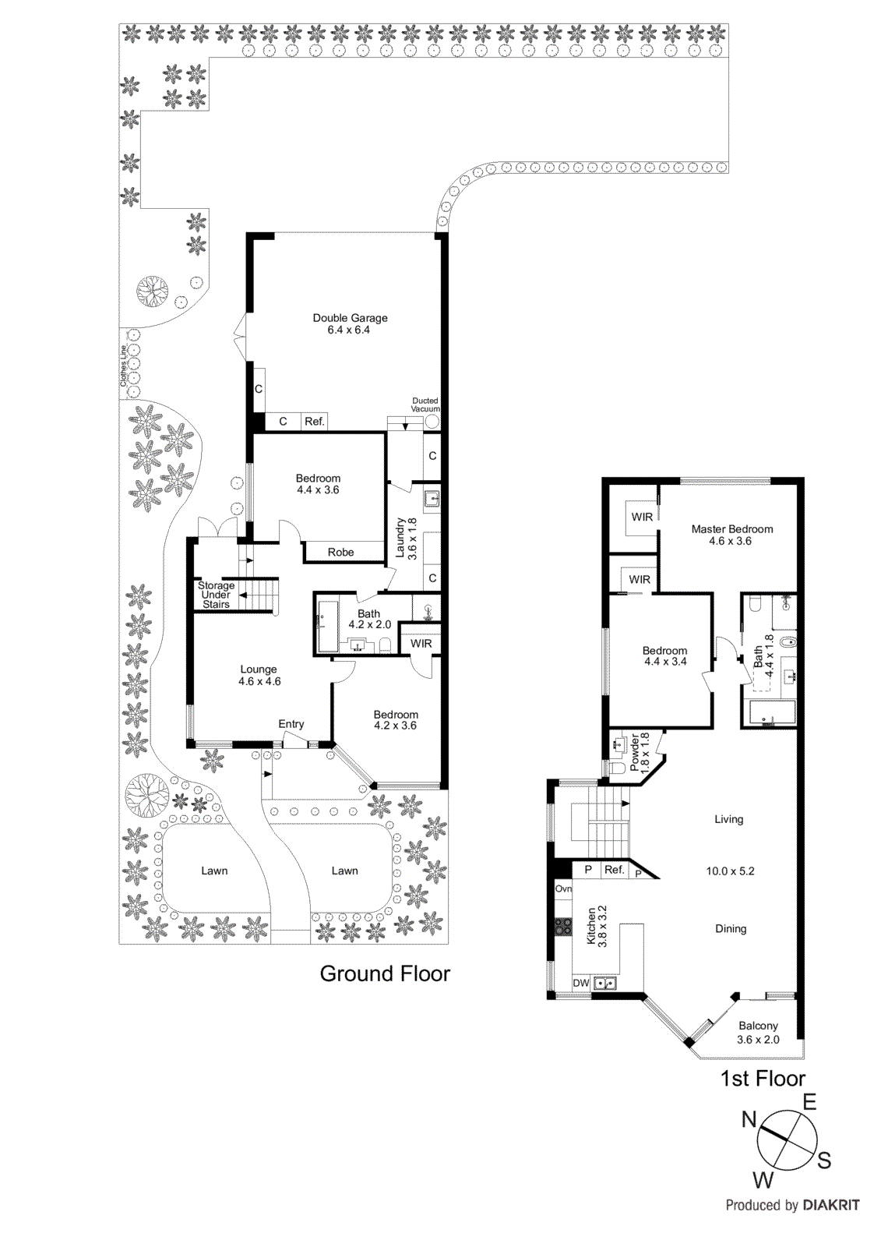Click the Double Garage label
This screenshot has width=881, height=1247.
pyautogui.click(x=350, y=323)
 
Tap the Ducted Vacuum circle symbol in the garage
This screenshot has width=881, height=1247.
pyautogui.click(x=432, y=422)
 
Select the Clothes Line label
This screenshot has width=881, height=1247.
pyautogui.click(x=123, y=366)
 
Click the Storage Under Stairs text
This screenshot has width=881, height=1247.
pyautogui.click(x=216, y=595)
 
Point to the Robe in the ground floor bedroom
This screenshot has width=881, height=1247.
pyautogui.click(x=340, y=552)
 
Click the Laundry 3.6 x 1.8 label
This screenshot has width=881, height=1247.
pyautogui.click(x=406, y=538)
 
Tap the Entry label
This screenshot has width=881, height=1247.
pyautogui.click(x=291, y=724)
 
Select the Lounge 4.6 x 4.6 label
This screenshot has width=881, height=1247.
pyautogui.click(x=259, y=675)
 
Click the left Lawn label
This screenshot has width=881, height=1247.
pyautogui.click(x=214, y=871)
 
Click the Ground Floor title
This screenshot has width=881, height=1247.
pyautogui.click(x=385, y=973)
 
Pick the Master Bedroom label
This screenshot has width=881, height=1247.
pyautogui.click(x=731, y=535)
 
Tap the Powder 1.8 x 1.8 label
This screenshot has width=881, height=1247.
pyautogui.click(x=640, y=752)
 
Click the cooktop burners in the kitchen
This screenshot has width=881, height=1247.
pyautogui.click(x=562, y=927)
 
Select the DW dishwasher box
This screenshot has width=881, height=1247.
pyautogui.click(x=581, y=984)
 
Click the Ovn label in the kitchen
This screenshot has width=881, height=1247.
pyautogui.click(x=563, y=888)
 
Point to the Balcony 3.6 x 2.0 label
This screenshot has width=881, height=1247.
pyautogui.click(x=758, y=1033)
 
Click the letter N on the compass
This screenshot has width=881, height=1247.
pyautogui.click(x=749, y=1120)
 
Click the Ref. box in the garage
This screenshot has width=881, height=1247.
pyautogui.click(x=315, y=422)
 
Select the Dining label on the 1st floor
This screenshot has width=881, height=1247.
pyautogui.click(x=730, y=928)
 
